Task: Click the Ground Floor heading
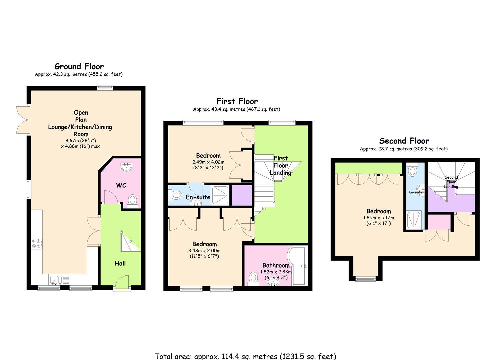pos(79,67)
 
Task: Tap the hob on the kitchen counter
pos(37,244)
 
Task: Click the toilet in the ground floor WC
pos(132,201)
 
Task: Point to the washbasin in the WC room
pos(127,167)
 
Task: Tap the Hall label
pos(120,263)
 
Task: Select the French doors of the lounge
pos(23,120)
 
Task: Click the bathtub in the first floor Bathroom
pos(297,265)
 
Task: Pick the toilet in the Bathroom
pos(253,279)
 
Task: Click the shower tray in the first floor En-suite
pos(220,195)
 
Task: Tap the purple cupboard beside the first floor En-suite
pos(242,195)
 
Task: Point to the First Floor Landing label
pos(281,166)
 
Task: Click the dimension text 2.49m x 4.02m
pos(208,162)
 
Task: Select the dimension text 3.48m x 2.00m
pos(204,251)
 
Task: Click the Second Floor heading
pos(404,141)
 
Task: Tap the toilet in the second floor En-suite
pos(412,170)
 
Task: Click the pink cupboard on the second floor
pos(439,222)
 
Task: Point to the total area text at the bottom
pos(245,356)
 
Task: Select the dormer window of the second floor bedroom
pos(366,279)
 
